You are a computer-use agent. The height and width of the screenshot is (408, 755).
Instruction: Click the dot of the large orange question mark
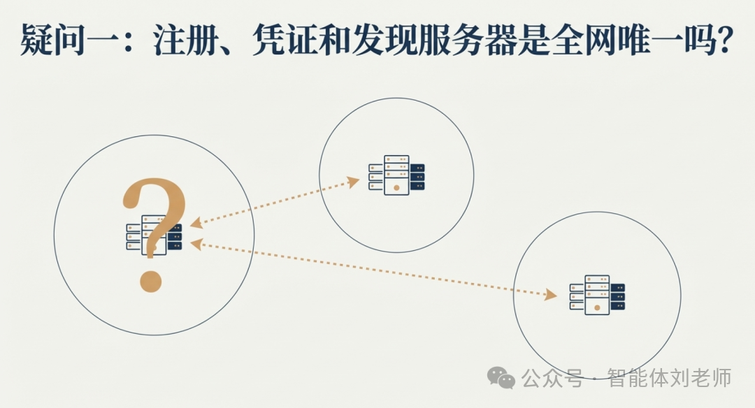(151, 282)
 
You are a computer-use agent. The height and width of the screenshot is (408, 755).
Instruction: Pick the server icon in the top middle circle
(396, 175)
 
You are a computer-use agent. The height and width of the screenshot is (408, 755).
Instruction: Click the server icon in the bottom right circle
(596, 293)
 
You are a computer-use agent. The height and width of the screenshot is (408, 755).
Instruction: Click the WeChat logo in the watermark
(501, 379)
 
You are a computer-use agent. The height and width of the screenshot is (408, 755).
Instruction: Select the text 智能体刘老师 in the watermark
(669, 379)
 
